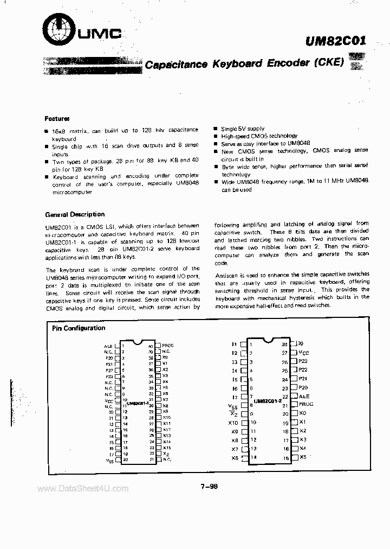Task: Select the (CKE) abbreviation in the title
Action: [328, 62]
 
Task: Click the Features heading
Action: [57, 118]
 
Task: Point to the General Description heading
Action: [75, 214]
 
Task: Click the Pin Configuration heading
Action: [79, 328]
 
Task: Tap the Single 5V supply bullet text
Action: [243, 129]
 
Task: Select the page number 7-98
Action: [208, 487]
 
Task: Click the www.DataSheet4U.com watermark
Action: [83, 489]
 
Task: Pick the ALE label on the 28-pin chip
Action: [304, 397]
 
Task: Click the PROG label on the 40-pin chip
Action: [168, 345]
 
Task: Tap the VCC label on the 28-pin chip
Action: [303, 353]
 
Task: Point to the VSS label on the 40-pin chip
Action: [109, 461]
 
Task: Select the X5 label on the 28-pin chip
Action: [303, 457]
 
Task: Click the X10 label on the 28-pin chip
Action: [233, 423]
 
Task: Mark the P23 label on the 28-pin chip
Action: [303, 361]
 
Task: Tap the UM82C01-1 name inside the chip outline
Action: [138, 404]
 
